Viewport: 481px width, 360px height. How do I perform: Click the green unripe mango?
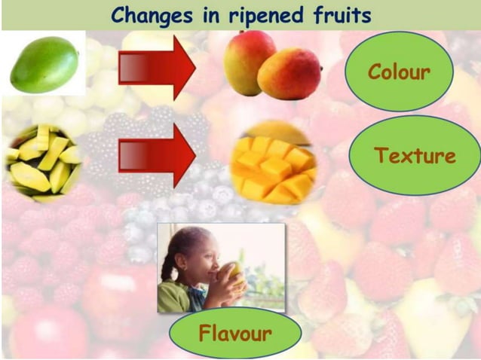44,65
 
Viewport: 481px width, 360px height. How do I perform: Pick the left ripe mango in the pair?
249,61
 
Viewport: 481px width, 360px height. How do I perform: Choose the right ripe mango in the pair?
290,73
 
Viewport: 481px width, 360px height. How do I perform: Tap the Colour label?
399,72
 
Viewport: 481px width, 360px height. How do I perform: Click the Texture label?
415,156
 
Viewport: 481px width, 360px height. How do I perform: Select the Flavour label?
235,332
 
